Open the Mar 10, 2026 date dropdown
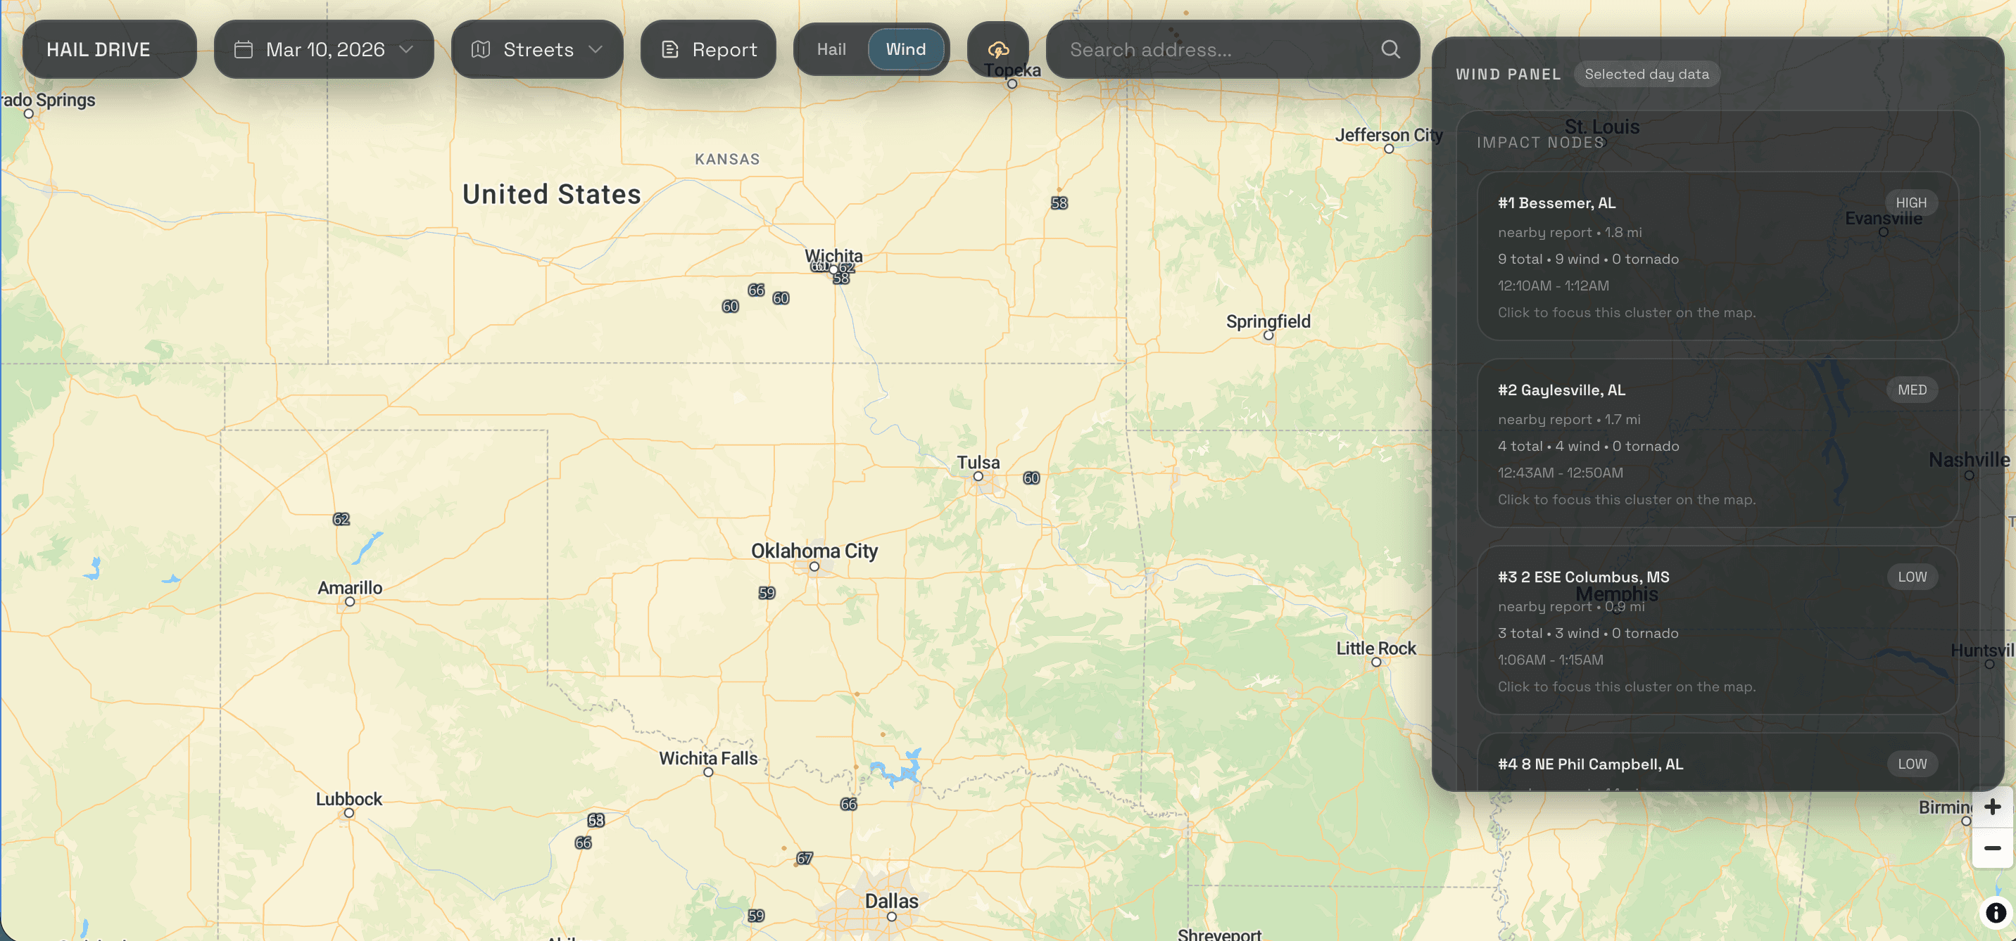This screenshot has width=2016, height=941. pos(323,49)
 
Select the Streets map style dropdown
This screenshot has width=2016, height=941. pos(537,49)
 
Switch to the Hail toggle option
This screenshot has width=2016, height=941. pos(831,49)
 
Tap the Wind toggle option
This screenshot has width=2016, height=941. pos(905,49)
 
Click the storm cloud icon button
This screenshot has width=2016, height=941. pos(998,49)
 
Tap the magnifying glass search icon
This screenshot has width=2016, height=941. pos(1390,49)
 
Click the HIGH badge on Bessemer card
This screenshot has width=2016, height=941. pos(1910,203)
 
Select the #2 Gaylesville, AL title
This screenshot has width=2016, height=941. pos(1561,390)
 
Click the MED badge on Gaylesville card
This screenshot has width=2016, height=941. pos(1911,390)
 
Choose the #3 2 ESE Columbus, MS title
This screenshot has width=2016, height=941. pos(1583,577)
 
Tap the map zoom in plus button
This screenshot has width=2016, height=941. pos(1992,807)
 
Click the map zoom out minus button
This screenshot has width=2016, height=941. pos(1992,848)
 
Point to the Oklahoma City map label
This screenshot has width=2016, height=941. pos(814,551)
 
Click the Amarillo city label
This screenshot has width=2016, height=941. pos(350,587)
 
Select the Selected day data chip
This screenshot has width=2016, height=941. pos(1646,75)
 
